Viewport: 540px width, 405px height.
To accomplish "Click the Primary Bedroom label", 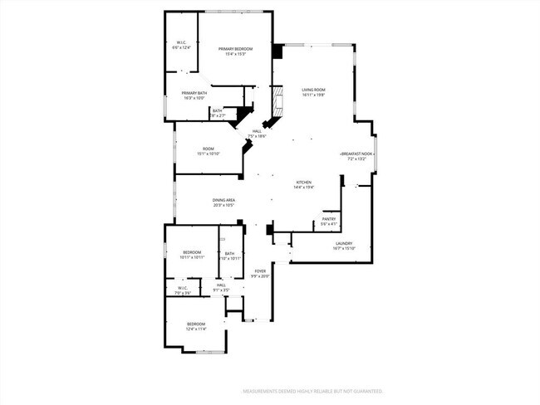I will [x=236, y=50].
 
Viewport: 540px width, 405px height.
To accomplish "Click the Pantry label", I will [x=329, y=219].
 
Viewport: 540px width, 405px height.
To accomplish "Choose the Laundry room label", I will [x=344, y=244].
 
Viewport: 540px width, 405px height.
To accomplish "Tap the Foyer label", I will [x=260, y=271].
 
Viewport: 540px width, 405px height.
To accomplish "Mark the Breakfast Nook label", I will [x=357, y=154].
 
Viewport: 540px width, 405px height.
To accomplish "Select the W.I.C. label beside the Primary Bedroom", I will [x=181, y=43].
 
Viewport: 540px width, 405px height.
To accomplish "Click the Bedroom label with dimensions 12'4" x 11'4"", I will [x=196, y=324].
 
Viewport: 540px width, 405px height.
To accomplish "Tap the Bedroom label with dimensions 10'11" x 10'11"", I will [x=192, y=252].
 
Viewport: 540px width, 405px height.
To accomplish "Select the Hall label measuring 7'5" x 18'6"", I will [x=258, y=131].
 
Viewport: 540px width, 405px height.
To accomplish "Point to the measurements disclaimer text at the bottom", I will [x=312, y=390].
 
